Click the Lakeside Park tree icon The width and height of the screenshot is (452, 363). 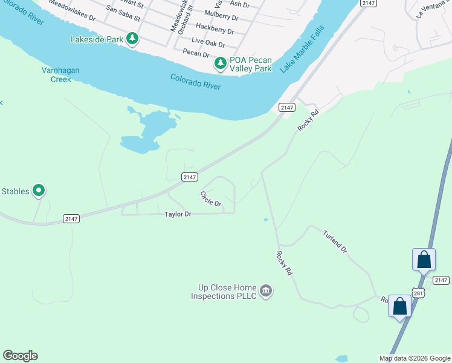pos(132,40)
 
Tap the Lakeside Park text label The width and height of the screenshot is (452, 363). pos(96,40)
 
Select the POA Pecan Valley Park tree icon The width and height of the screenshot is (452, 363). pos(221,64)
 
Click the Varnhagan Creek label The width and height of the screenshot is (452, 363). pos(60,74)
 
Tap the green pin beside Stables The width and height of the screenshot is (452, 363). pos(39,191)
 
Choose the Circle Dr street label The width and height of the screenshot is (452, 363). pos(211,198)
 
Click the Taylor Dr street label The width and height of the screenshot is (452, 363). pos(178,214)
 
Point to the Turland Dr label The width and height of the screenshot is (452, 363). pos(335,241)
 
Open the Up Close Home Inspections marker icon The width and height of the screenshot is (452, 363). pos(266,292)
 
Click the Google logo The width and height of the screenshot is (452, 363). pos(20,356)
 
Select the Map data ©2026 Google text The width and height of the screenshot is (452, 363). pos(415,358)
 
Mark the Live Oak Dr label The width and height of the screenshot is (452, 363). pos(208,44)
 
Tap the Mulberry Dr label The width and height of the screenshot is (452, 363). pos(222,13)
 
